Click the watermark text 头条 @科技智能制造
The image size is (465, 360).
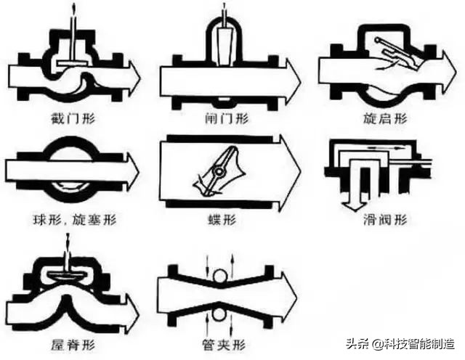[399, 345]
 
